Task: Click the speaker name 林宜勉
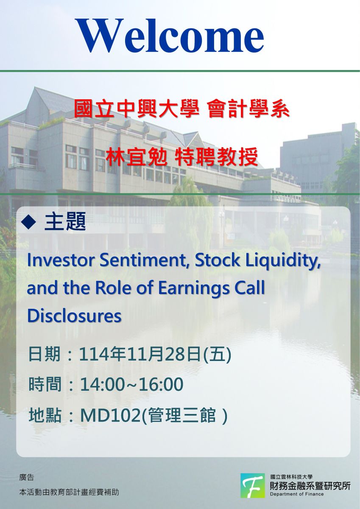[x=136, y=157]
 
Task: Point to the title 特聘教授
[x=216, y=157]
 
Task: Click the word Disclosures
[x=74, y=316]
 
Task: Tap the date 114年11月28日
[x=139, y=355]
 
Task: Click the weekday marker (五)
[x=217, y=355]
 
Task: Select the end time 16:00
[x=161, y=384]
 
